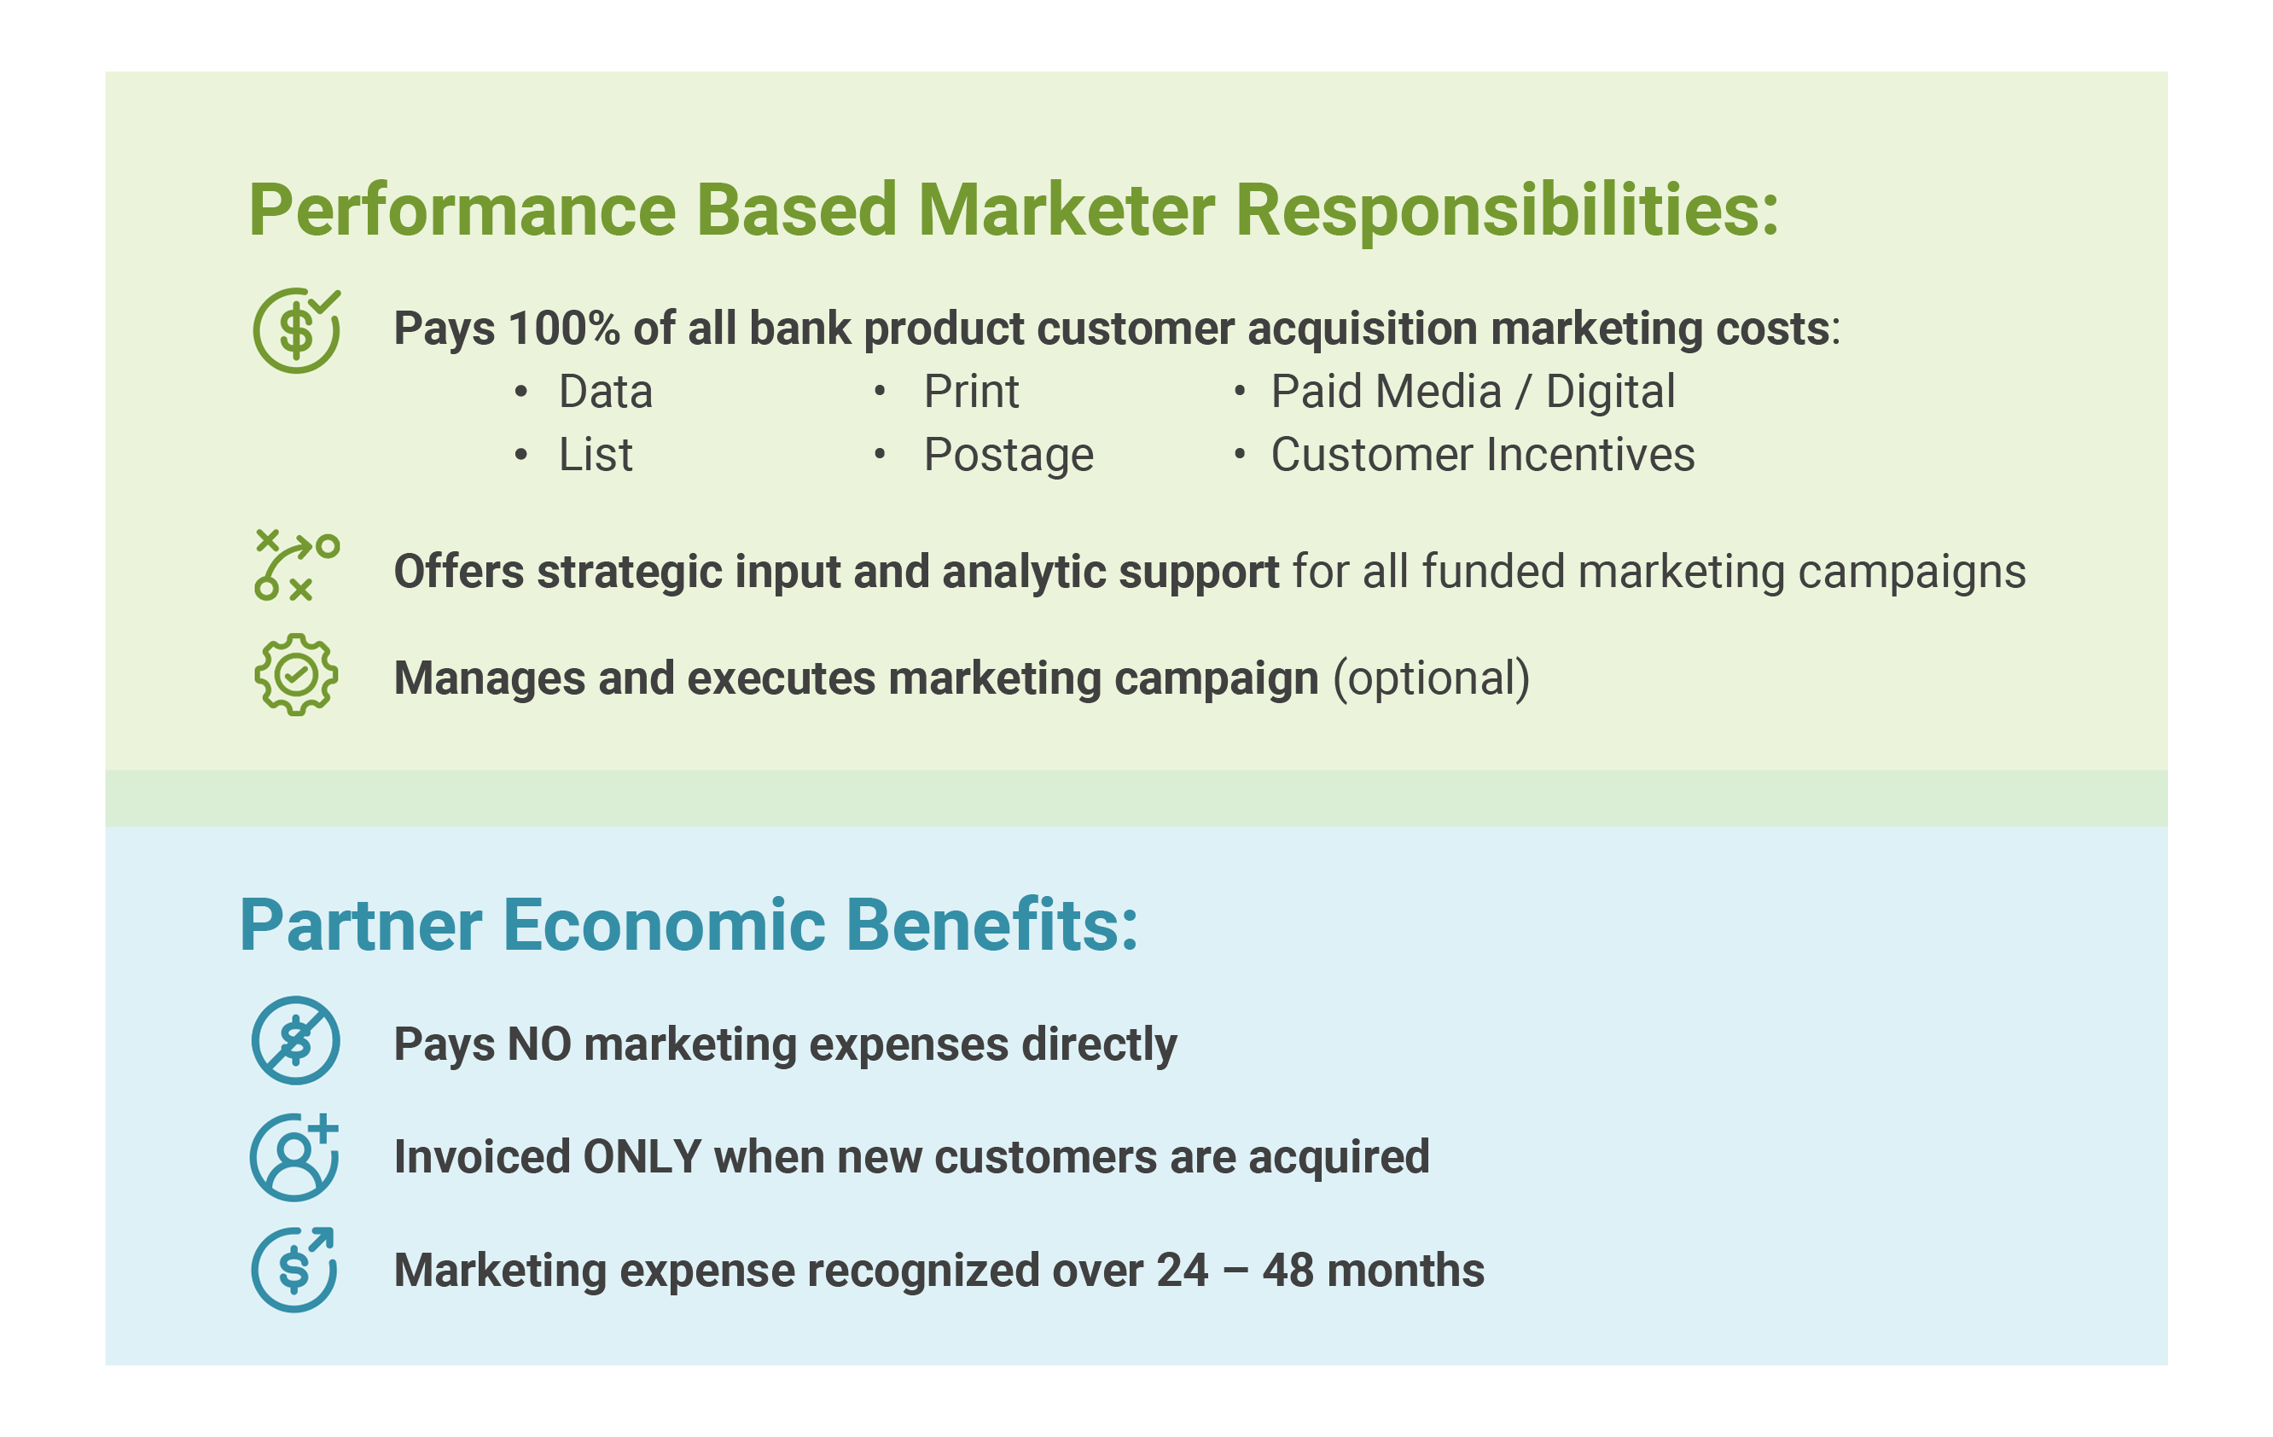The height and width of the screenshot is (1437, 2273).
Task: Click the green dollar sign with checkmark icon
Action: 296,330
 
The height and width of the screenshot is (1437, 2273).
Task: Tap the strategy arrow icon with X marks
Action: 296,566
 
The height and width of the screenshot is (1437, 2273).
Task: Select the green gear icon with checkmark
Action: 296,675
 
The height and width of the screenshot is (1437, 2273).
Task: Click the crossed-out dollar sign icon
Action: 295,1040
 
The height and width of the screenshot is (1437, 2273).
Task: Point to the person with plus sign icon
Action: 294,1156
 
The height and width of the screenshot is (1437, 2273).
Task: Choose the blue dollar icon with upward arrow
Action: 294,1270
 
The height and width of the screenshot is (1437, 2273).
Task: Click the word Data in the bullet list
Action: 605,392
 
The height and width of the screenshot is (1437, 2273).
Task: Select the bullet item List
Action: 596,455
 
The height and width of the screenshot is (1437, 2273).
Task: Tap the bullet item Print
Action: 971,392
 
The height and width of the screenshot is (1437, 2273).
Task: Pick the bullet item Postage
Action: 1009,456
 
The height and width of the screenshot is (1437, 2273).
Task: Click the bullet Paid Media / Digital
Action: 1473,392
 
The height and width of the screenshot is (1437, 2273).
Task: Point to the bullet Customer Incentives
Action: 1483,455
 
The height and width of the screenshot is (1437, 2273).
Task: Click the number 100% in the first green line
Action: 563,329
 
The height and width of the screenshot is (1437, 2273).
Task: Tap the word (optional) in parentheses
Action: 1431,679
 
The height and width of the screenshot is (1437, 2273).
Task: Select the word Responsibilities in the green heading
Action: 1507,211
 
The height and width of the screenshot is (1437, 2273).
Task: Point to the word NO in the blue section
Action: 540,1044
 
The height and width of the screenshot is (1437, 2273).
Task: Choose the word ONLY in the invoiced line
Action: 642,1157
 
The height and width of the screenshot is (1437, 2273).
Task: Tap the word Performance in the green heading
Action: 462,211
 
